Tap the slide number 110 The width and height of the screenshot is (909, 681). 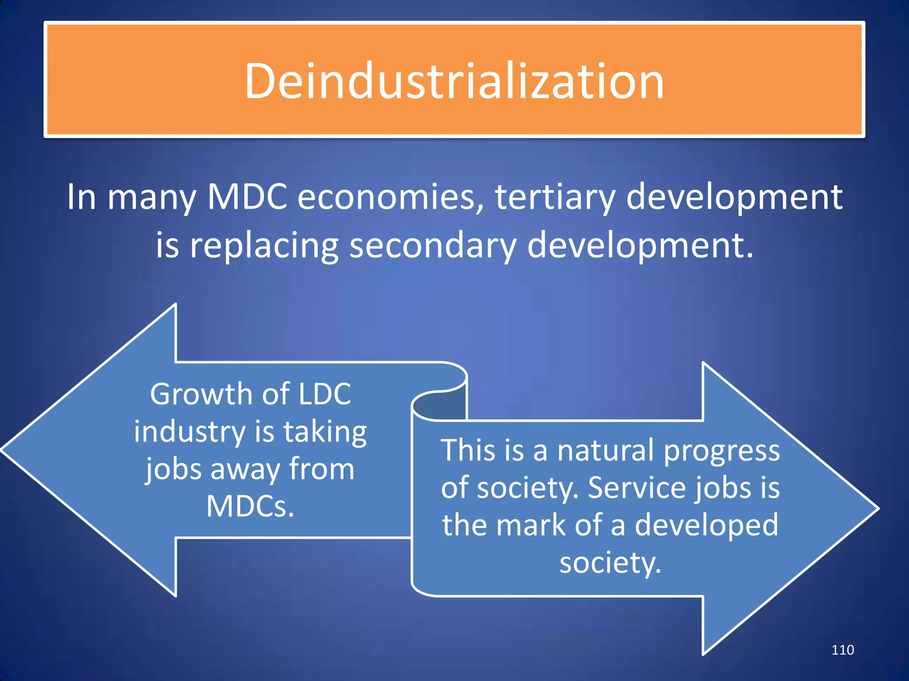coord(842,650)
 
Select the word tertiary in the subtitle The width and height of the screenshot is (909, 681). coord(555,197)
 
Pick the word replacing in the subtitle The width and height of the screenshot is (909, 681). coord(264,246)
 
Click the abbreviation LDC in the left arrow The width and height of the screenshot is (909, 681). coord(324,394)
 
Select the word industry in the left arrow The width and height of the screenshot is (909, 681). coord(190,432)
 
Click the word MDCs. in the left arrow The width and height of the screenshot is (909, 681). coord(250,507)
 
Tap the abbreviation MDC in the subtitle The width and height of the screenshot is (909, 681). coord(247,197)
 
